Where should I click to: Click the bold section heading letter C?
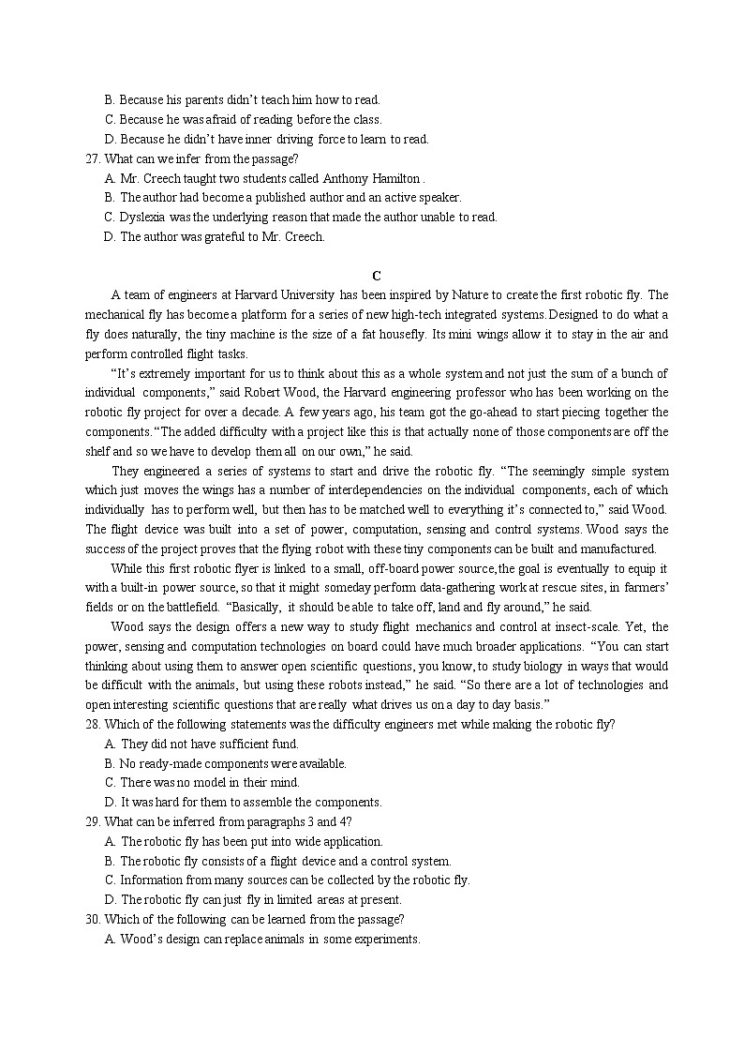(376, 276)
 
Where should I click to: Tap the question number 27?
(91, 158)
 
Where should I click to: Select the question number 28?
(91, 724)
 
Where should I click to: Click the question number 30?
(91, 919)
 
